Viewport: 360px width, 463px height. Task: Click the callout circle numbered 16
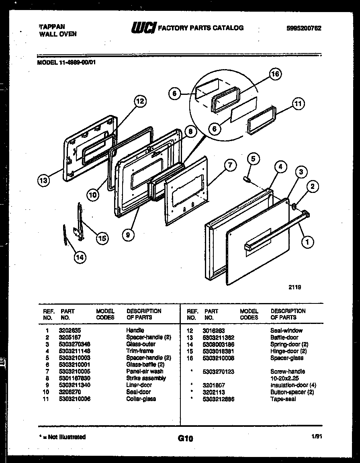click(275, 74)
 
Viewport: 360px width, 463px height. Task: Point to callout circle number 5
click(254, 159)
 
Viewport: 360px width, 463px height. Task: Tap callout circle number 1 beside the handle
click(308, 242)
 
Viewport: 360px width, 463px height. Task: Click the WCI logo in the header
click(143, 28)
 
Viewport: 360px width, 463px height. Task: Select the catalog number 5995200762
click(304, 28)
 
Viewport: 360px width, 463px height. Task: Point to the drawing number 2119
click(295, 287)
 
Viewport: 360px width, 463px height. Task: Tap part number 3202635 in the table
click(70, 330)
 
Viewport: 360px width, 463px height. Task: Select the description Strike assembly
click(146, 378)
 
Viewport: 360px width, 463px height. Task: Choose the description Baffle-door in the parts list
click(284, 337)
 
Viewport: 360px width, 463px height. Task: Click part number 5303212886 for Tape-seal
click(219, 399)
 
